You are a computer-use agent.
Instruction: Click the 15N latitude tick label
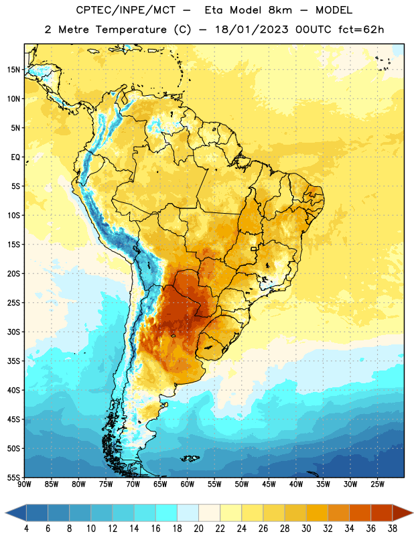point(13,70)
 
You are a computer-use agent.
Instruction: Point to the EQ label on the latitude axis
point(15,157)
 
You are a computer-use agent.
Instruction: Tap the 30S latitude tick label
point(13,332)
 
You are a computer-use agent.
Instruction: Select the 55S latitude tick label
point(13,478)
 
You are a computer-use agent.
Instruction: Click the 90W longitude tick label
point(24,484)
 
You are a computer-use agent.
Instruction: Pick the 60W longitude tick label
point(188,484)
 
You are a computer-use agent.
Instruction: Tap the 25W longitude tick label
point(377,484)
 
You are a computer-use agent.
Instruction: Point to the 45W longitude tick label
point(269,484)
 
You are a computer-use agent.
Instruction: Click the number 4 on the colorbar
point(26,529)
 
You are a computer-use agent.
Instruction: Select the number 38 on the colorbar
point(393,529)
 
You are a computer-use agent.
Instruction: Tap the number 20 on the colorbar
point(198,529)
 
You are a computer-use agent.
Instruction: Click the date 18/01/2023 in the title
point(252,29)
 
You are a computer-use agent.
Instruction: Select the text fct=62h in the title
point(361,29)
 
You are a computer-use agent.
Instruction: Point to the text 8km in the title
point(280,10)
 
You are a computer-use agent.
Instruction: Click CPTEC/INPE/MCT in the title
point(126,11)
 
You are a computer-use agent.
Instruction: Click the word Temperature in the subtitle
point(131,29)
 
